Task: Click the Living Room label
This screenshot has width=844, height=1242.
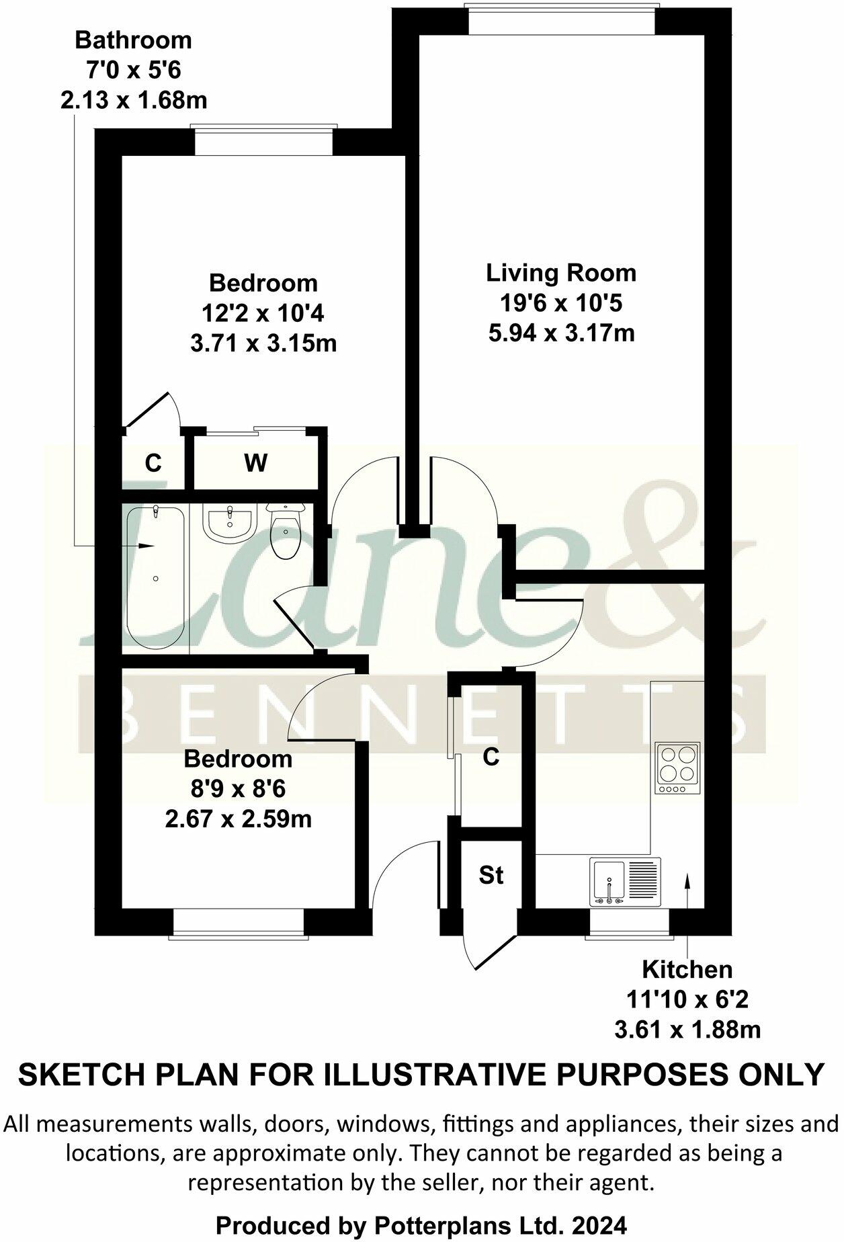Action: [x=561, y=273]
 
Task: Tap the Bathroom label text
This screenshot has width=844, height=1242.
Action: [x=133, y=40]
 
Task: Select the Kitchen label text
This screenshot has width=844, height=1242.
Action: [x=687, y=969]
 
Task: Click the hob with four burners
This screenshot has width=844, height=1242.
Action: [x=679, y=768]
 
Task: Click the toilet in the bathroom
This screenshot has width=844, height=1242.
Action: [x=286, y=532]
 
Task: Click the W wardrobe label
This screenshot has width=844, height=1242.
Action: [x=255, y=462]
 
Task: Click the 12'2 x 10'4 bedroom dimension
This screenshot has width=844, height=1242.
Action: [x=263, y=313]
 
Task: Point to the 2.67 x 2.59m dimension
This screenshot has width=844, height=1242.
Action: [x=238, y=819]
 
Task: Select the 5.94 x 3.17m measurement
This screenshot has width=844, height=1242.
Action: [x=561, y=332]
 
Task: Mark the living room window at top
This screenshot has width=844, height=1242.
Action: [x=561, y=18]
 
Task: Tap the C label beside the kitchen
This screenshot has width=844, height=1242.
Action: [x=491, y=757]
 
